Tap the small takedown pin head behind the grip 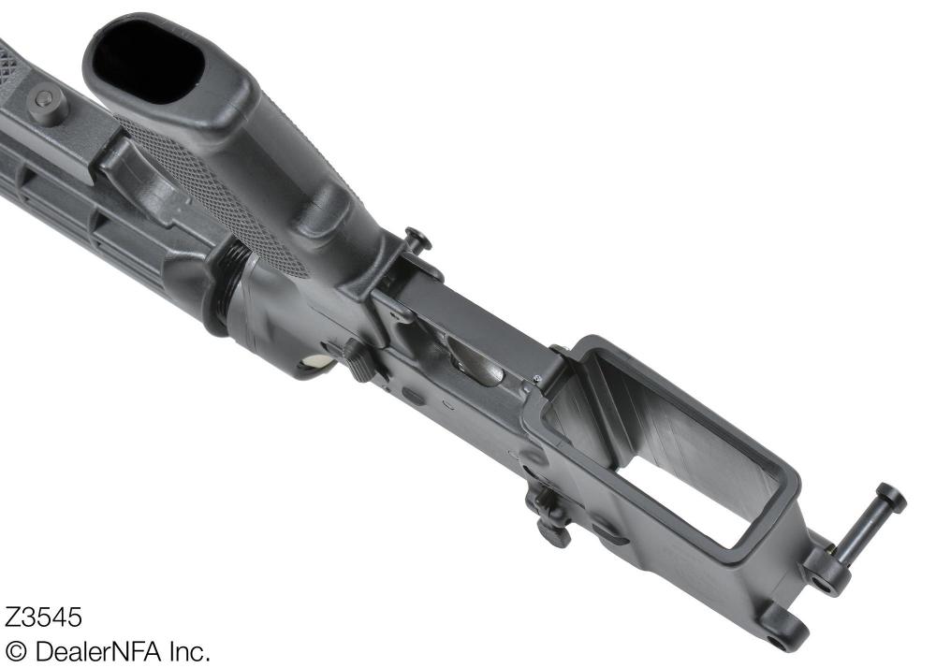417,240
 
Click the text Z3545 44,618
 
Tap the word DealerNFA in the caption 103,651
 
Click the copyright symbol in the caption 17,651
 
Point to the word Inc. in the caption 189,651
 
